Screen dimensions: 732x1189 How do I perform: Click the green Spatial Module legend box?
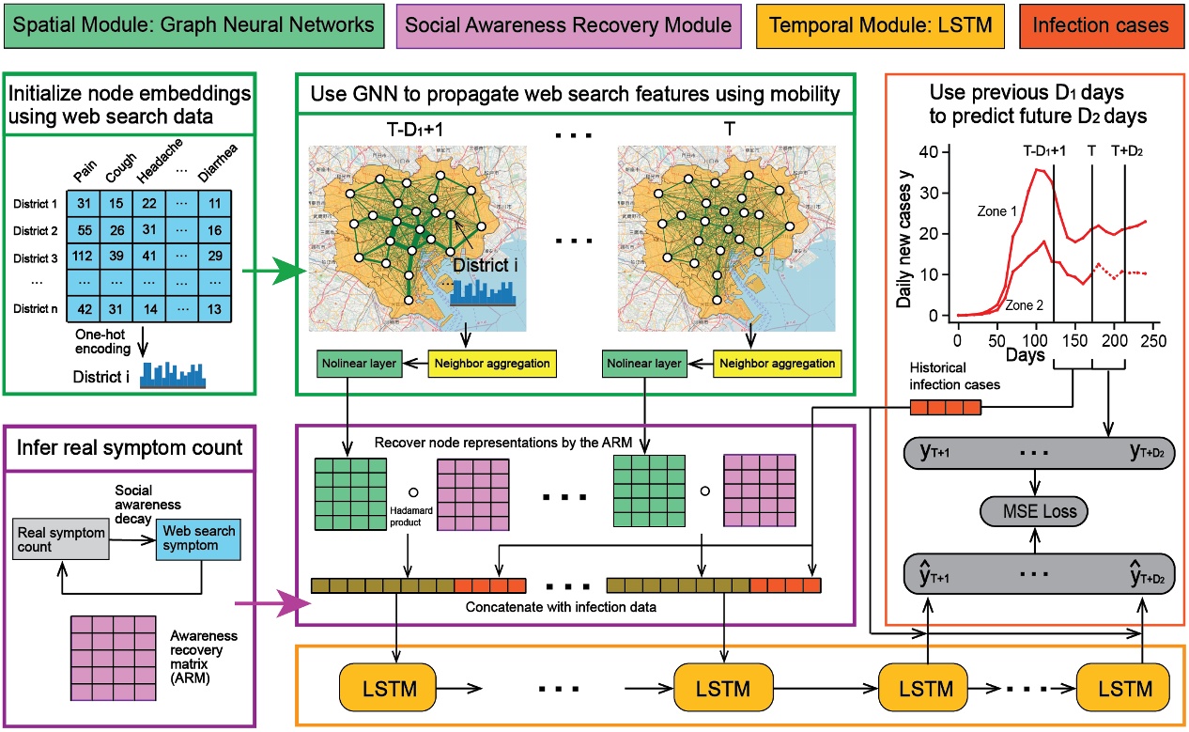(x=193, y=26)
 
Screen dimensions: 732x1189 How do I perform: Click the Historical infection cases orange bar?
(x=945, y=406)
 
